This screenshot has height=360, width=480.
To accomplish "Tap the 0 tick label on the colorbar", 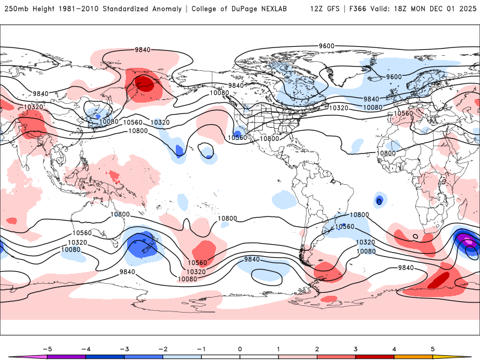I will click(x=239, y=348).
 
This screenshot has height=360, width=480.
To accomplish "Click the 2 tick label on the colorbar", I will click(x=317, y=348).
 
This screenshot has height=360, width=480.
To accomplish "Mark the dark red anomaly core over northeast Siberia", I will click(x=145, y=83).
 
